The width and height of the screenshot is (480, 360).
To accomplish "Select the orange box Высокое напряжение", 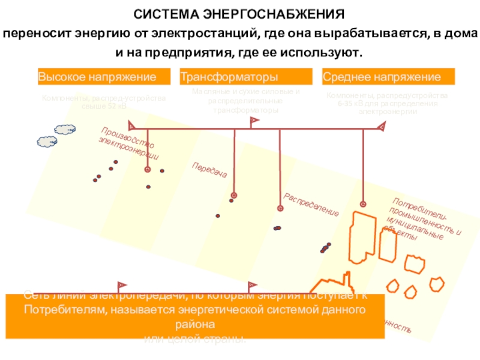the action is click(x=97, y=77).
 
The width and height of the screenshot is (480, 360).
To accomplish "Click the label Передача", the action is click(x=209, y=170).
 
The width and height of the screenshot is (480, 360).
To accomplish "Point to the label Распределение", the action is click(x=311, y=205).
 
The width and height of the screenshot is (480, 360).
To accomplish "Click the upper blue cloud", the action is click(x=65, y=129).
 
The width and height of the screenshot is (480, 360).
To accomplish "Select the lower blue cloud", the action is click(x=47, y=142).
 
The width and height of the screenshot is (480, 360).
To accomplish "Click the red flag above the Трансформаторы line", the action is click(x=254, y=121).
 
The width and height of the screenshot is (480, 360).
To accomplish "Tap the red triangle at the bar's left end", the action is click(x=131, y=126).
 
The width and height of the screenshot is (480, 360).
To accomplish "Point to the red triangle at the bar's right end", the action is click(x=381, y=126).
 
